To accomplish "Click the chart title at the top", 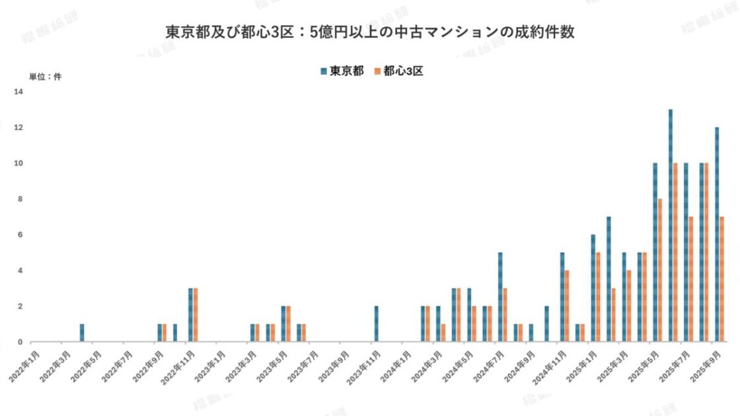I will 370,32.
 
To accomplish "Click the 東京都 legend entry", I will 342,71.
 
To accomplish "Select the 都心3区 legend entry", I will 398,71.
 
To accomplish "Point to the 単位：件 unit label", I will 45,77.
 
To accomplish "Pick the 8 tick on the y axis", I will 20,199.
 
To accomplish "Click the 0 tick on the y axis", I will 20,342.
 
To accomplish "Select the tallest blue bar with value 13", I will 671,225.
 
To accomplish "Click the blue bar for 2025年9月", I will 717,234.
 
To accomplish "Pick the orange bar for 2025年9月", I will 722,279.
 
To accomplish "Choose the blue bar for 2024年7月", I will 500,297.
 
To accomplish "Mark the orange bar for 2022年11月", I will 196,315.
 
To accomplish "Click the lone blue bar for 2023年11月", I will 376,324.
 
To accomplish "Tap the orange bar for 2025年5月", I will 660,270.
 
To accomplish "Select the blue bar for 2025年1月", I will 593,288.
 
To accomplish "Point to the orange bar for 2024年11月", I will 567,306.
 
